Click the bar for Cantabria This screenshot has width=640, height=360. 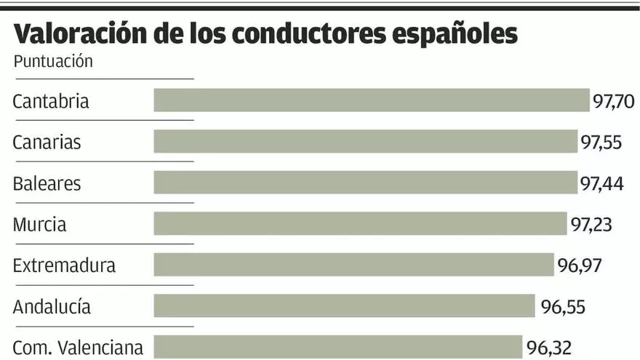pyautogui.click(x=371, y=100)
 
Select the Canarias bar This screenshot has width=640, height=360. pyautogui.click(x=365, y=142)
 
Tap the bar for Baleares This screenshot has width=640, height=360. pyautogui.click(x=365, y=183)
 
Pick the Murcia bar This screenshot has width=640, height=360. pyautogui.click(x=360, y=224)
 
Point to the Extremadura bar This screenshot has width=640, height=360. pyautogui.click(x=353, y=265)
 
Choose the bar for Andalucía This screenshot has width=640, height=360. pyautogui.click(x=344, y=306)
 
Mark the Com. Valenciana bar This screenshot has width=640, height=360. pyautogui.click(x=337, y=346)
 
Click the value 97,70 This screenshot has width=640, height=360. pyautogui.click(x=614, y=101)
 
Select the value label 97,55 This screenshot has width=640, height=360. pyautogui.click(x=601, y=142)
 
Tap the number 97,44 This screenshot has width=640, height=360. pyautogui.click(x=601, y=183)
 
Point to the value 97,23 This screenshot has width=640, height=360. pyautogui.click(x=591, y=224)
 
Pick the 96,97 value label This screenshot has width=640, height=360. pyautogui.click(x=579, y=265)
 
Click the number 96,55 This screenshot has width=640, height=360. pyautogui.click(x=562, y=306)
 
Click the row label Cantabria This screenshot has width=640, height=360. pyautogui.click(x=51, y=101)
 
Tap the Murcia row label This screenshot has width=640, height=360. pyautogui.click(x=39, y=224)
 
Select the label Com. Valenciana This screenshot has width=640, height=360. pyautogui.click(x=78, y=347)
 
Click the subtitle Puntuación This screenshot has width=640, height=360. pyautogui.click(x=53, y=61)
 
